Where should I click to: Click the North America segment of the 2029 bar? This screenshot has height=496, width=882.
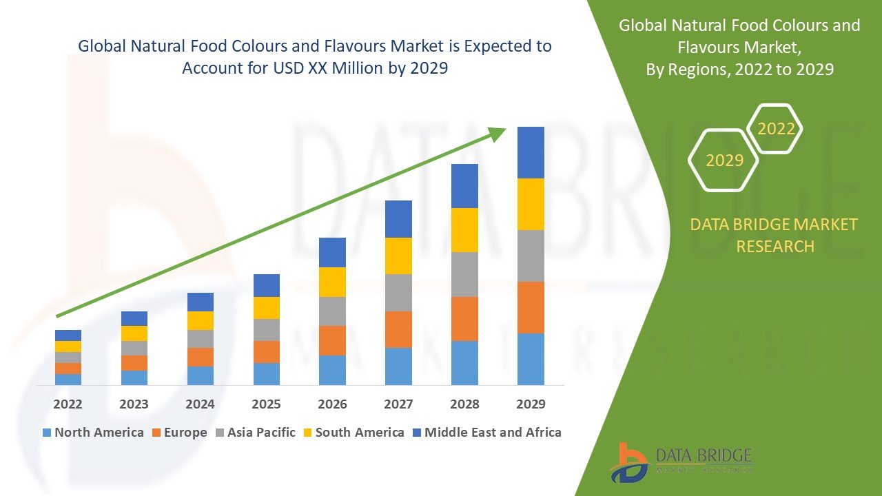531,359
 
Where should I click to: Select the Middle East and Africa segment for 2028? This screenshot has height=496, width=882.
464,186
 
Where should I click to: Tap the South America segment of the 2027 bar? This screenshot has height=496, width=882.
398,256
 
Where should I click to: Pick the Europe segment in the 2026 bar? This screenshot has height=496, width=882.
332,340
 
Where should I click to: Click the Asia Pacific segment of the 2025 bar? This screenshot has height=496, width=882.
267,330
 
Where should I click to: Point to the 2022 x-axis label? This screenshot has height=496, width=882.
68,404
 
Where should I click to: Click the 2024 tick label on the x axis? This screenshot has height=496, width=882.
200,404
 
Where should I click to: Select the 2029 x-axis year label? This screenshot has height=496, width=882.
531,404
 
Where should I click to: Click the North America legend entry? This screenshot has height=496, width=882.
93,433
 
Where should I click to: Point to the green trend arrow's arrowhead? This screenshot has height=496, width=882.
498,134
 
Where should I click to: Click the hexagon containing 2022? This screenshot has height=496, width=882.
776,129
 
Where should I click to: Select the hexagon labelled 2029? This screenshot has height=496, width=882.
724,161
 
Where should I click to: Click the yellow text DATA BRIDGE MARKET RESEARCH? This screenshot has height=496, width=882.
775,235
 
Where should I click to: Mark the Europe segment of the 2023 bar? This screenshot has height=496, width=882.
134,363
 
